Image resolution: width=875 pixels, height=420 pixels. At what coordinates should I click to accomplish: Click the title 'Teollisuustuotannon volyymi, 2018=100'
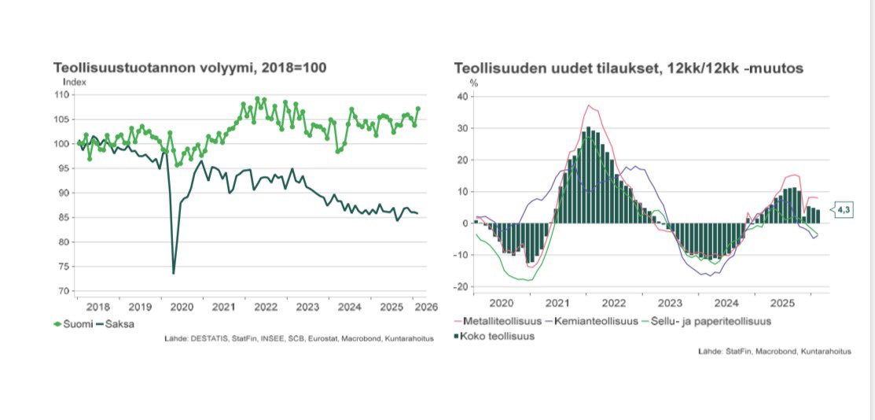click(189, 68)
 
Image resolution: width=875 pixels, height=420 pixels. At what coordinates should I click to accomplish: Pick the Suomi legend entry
click(72, 324)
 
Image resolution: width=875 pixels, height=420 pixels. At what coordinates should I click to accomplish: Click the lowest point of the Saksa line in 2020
click(173, 273)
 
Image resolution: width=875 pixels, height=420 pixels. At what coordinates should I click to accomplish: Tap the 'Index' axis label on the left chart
click(74, 81)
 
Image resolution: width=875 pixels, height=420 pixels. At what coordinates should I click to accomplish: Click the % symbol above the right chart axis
click(473, 82)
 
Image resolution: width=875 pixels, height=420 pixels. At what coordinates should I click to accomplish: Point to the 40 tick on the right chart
click(462, 97)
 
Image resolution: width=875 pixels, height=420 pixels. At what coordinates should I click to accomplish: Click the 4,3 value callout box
click(843, 210)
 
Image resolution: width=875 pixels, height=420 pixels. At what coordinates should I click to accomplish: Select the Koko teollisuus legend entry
click(495, 337)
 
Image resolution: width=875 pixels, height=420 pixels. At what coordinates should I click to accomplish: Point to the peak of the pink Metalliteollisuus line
click(588, 105)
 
